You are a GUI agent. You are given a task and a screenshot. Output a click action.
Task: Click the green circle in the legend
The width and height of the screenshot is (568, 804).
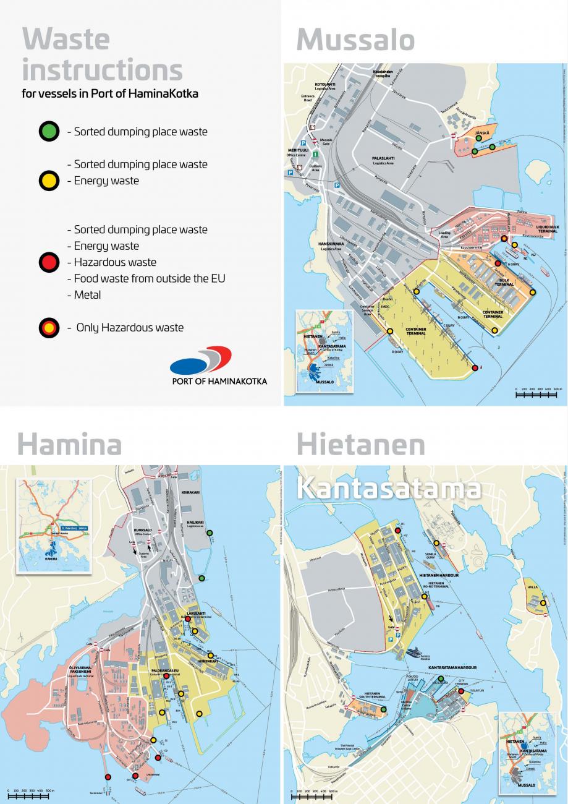click(x=49, y=132)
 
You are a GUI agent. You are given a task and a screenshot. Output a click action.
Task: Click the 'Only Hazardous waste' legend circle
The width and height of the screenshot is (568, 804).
click(x=49, y=328)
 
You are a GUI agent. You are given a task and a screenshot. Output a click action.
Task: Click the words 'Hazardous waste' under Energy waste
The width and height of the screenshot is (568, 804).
click(x=115, y=262)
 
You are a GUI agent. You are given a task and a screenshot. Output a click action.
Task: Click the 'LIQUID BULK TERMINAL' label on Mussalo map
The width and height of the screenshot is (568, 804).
click(x=547, y=229)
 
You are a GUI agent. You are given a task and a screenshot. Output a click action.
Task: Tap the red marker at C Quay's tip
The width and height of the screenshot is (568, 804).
click(x=475, y=368)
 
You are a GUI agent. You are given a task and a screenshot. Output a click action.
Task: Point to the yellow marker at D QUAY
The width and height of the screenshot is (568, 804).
click(x=390, y=331)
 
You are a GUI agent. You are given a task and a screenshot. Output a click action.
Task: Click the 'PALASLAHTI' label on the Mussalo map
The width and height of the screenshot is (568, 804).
click(x=383, y=158)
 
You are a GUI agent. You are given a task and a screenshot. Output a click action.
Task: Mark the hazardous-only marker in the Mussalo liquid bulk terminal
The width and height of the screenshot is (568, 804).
click(x=504, y=238)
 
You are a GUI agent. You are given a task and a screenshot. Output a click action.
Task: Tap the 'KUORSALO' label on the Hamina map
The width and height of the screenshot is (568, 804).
click(x=143, y=530)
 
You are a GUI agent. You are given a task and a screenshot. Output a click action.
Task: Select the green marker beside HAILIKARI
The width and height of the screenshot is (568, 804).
click(x=210, y=532)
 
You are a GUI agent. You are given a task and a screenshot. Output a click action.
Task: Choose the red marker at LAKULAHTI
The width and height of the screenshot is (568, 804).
click(x=188, y=618)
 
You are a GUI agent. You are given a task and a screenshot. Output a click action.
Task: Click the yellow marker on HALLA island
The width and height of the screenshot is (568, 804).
click(x=543, y=602)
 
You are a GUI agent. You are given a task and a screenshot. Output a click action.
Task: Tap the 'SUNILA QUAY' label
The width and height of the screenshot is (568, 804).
click(x=431, y=556)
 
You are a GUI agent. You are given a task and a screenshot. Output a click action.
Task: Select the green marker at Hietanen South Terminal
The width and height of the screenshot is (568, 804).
click(x=383, y=709)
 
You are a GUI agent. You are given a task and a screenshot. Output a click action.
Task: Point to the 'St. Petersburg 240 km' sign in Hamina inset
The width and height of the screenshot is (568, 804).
click(x=73, y=528)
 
